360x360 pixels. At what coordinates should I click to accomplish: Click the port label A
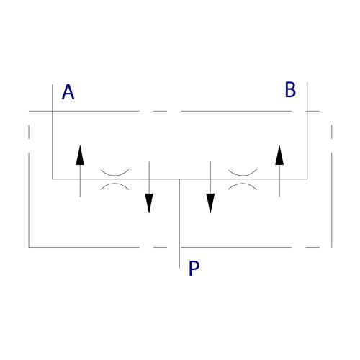coord(68,92)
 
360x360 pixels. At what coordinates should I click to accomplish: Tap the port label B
coord(290,89)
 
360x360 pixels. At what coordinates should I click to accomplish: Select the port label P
coord(194,269)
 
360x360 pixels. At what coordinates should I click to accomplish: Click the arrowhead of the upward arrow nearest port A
coord(80,155)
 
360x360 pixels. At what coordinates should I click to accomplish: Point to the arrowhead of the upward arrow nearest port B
coord(279,155)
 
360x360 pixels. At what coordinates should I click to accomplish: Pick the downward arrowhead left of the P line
coord(149,203)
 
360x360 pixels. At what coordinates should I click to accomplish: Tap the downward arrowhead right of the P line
coord(210,203)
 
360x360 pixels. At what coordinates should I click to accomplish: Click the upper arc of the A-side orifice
coord(114,174)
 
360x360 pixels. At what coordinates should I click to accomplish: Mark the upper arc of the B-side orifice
coord(243,174)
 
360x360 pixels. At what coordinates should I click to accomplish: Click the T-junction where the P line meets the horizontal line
coord(179,179)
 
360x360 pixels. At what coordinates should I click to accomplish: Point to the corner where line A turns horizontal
coord(53,179)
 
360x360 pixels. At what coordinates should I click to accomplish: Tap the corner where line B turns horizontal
coord(307,179)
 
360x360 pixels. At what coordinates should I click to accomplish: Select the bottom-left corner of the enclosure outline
coord(29,247)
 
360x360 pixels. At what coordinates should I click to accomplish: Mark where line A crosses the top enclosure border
coord(53,111)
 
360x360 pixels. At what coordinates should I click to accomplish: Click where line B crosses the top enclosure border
coord(307,111)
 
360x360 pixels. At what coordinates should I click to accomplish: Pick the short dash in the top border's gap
coord(160,111)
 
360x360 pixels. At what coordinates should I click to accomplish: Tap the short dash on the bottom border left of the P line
coord(160,247)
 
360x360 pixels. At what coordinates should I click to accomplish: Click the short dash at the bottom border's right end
coord(312,247)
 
